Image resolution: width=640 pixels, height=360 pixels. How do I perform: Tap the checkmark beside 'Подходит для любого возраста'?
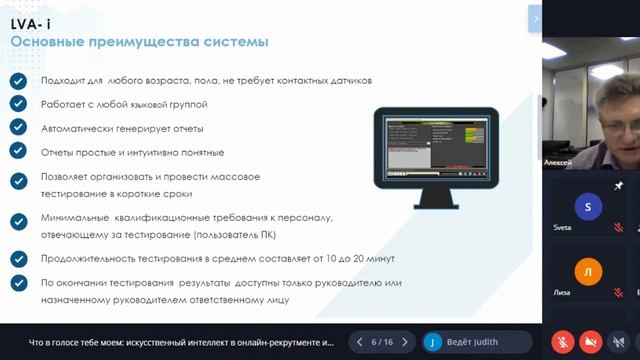click(18, 80)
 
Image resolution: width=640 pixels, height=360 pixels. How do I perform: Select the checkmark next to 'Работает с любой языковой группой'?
click(18, 103)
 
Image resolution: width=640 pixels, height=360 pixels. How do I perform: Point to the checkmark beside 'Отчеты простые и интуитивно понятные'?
click(18, 151)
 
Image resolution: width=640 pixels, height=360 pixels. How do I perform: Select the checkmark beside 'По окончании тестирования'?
click(18, 283)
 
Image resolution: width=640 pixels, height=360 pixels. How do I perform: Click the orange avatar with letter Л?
click(587, 273)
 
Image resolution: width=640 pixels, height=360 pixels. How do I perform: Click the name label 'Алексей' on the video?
click(557, 161)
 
